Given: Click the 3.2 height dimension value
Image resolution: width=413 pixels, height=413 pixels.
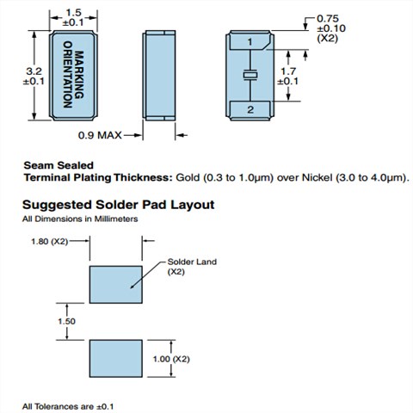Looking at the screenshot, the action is pyautogui.click(x=34, y=71).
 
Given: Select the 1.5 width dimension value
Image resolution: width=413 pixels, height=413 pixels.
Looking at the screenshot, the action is pyautogui.click(x=73, y=13).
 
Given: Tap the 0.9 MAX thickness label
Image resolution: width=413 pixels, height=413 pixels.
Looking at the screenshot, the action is pyautogui.click(x=100, y=135).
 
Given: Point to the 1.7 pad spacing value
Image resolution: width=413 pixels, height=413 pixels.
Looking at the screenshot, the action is pyautogui.click(x=288, y=71).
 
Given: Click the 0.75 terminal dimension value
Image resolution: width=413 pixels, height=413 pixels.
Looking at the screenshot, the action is pyautogui.click(x=328, y=19).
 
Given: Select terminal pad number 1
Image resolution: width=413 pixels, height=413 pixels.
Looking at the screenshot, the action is pyautogui.click(x=250, y=42).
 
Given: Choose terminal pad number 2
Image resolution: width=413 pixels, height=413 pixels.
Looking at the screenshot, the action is pyautogui.click(x=250, y=109).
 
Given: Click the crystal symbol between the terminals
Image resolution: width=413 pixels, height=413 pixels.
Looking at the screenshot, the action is pyautogui.click(x=250, y=76).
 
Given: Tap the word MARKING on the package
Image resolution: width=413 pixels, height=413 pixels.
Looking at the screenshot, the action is pyautogui.click(x=79, y=75).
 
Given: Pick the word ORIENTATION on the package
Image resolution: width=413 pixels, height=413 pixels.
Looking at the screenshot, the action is pyautogui.click(x=67, y=75).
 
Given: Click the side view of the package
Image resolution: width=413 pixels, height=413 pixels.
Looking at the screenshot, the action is pyautogui.click(x=159, y=75).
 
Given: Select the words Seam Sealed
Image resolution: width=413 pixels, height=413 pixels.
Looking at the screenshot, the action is pyautogui.click(x=59, y=165).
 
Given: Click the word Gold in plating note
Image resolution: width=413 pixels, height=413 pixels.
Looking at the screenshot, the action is pyautogui.click(x=188, y=177).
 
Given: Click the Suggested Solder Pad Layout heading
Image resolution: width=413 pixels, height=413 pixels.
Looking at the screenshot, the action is pyautogui.click(x=119, y=205).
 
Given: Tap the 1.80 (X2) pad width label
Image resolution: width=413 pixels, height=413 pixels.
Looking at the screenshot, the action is pyautogui.click(x=49, y=242).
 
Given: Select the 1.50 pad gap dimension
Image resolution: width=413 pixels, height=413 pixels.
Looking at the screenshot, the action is pyautogui.click(x=66, y=321).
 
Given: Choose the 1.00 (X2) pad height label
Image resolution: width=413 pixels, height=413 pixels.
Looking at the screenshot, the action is pyautogui.click(x=171, y=359).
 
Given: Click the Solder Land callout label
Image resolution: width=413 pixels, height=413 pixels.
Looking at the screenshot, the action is pyautogui.click(x=192, y=262).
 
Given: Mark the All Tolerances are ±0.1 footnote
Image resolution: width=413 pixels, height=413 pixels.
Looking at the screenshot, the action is pyautogui.click(x=68, y=406).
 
